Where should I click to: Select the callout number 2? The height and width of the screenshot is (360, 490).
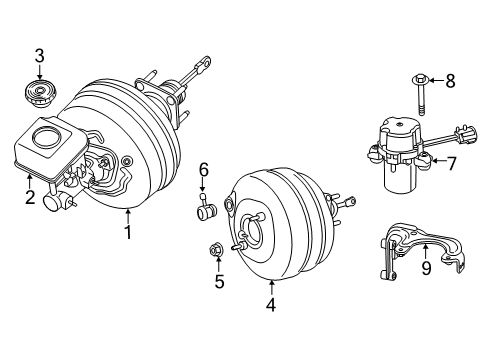[x=30, y=196]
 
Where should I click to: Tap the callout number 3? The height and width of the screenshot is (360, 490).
[x=40, y=56]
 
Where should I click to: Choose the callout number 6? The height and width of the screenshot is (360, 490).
[x=203, y=170]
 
